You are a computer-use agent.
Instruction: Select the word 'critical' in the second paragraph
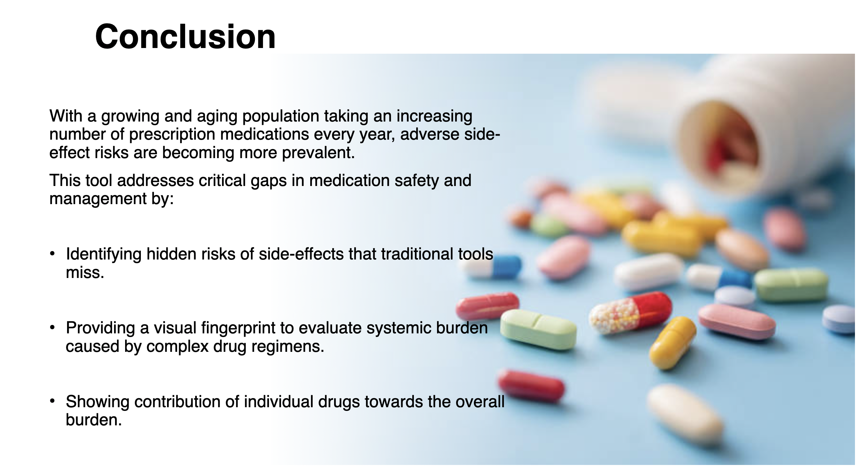pyautogui.click(x=221, y=180)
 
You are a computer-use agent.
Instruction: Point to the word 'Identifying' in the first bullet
pyautogui.click(x=104, y=254)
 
